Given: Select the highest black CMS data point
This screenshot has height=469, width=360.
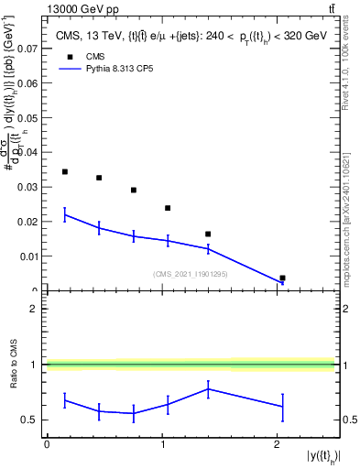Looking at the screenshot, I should [64, 171].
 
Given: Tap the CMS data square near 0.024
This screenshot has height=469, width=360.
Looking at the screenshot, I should [168, 208].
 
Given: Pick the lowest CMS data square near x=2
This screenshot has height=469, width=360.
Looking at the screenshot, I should [282, 278].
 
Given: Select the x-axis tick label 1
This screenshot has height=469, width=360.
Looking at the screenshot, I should [162, 444].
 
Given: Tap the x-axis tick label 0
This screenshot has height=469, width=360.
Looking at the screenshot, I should [47, 444].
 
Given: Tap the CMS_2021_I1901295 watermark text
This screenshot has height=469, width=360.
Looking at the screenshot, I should [190, 274].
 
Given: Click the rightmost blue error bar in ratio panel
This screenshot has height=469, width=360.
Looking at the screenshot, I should [282, 406].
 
